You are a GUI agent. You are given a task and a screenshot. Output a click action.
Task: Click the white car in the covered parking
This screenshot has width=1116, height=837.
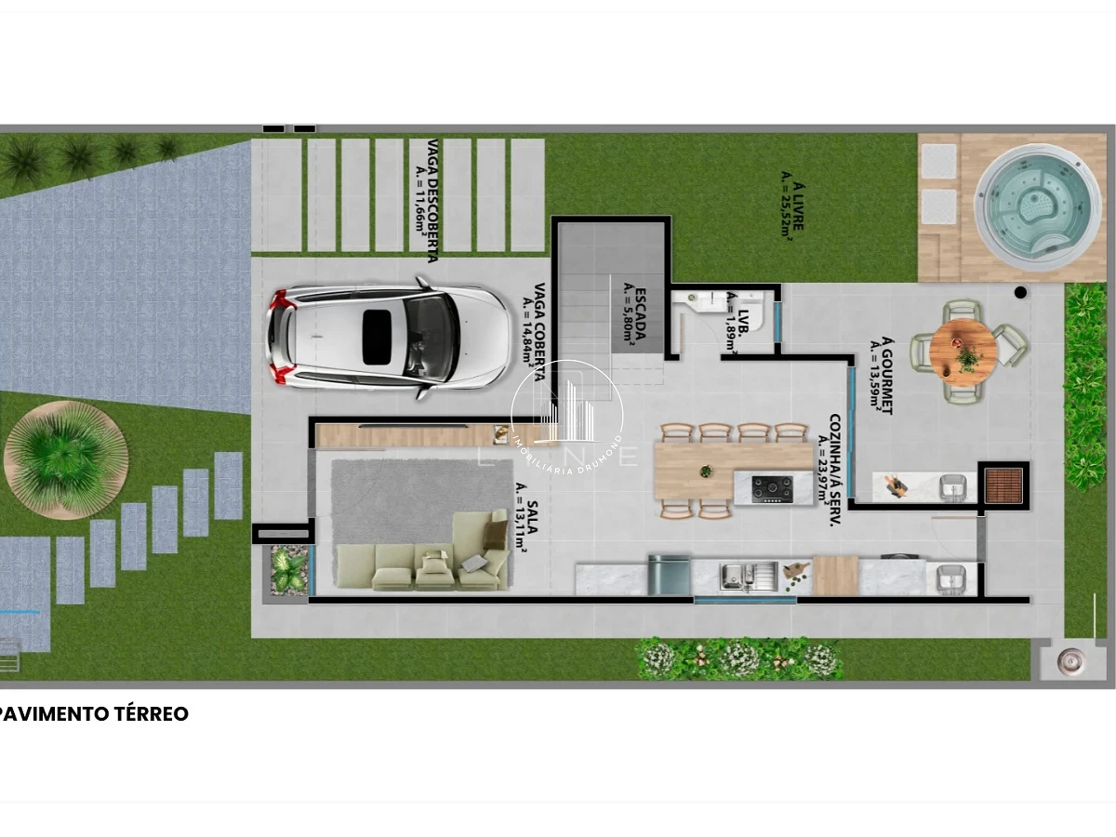[x=389, y=338]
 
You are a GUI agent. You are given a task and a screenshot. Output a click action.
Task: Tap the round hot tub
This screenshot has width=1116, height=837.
[x=1037, y=206]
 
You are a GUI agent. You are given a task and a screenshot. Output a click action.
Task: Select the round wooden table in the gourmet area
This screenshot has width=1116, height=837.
[x=963, y=350]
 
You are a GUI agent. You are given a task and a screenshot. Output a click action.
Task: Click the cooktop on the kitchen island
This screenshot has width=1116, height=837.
[x=772, y=489]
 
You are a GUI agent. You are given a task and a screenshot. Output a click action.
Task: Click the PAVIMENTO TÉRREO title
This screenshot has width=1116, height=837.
[x=94, y=714]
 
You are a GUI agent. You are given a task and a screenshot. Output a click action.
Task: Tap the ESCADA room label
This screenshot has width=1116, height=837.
[x=634, y=314]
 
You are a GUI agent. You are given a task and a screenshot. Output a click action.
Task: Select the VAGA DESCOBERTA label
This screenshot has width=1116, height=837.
[x=428, y=201]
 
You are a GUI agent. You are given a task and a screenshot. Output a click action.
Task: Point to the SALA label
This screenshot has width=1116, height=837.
[x=525, y=517]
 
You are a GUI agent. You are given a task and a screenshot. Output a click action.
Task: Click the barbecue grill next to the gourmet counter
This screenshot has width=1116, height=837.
[x=1003, y=485]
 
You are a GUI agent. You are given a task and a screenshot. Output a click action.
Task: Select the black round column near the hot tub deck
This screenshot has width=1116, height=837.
[x=1020, y=292]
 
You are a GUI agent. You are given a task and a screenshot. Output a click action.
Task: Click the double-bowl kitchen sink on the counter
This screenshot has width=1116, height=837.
[x=749, y=577]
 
